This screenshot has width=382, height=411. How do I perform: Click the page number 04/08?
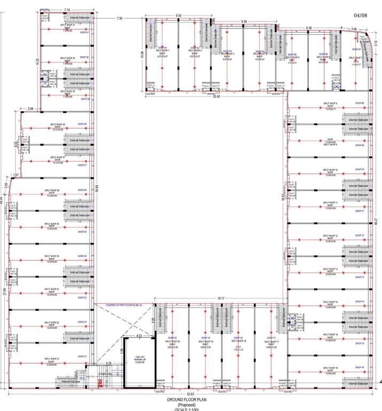coord(361,17)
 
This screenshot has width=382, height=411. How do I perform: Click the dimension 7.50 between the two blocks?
coord(119,18)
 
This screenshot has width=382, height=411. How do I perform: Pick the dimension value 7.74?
coord(67,10)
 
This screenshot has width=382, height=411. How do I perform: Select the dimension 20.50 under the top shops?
coord(216,97)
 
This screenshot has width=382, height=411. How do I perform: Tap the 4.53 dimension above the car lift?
coord(139,336)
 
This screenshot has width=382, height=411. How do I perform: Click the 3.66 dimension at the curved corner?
coord(354,29)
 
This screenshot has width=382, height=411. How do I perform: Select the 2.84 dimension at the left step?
coord(30,109)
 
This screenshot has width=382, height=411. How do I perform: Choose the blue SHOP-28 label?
coord(82,124)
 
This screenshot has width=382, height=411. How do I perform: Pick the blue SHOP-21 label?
coord(82,356)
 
